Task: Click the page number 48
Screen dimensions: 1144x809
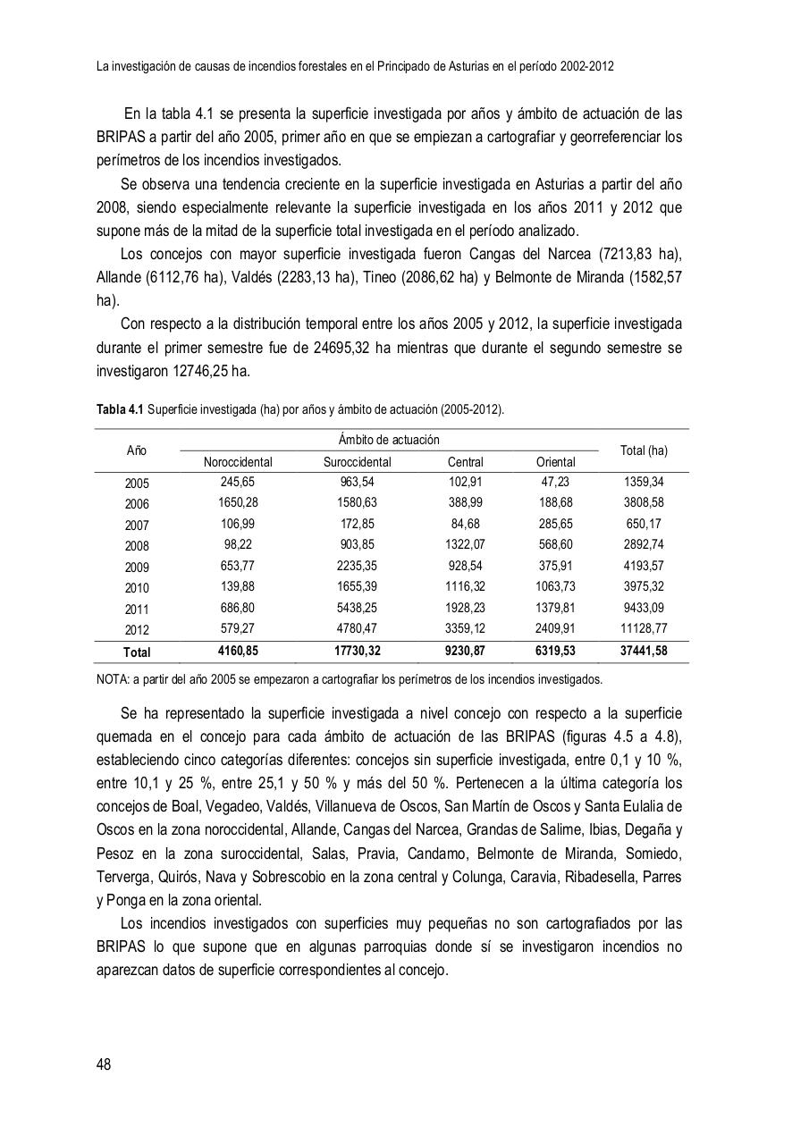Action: pyautogui.click(x=104, y=1064)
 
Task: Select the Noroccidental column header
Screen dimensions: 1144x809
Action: pyautogui.click(x=238, y=462)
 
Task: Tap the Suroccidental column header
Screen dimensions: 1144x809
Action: pyautogui.click(x=357, y=462)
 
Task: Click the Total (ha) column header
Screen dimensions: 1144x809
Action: pyautogui.click(x=644, y=450)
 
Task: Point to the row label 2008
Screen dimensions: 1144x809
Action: pyautogui.click(x=137, y=545)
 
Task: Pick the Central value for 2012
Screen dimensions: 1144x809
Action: pyautogui.click(x=465, y=628)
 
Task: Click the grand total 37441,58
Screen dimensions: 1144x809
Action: pyautogui.click(x=644, y=652)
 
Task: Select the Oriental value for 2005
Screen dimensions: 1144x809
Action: pyautogui.click(x=555, y=483)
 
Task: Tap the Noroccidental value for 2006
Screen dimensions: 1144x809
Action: pyautogui.click(x=238, y=503)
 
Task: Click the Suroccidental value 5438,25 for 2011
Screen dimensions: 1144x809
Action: pyautogui.click(x=357, y=608)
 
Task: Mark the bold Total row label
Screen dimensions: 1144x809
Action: pyautogui.click(x=137, y=652)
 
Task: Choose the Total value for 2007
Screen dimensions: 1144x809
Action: pyautogui.click(x=644, y=525)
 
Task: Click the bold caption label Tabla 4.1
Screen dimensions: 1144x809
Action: pyautogui.click(x=120, y=409)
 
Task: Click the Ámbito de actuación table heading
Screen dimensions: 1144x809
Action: pyautogui.click(x=389, y=440)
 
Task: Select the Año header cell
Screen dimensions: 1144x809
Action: pyautogui.click(x=137, y=450)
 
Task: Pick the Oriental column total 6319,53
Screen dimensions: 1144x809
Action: pyautogui.click(x=555, y=652)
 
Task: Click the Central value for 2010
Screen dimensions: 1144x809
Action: pyautogui.click(x=465, y=587)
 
